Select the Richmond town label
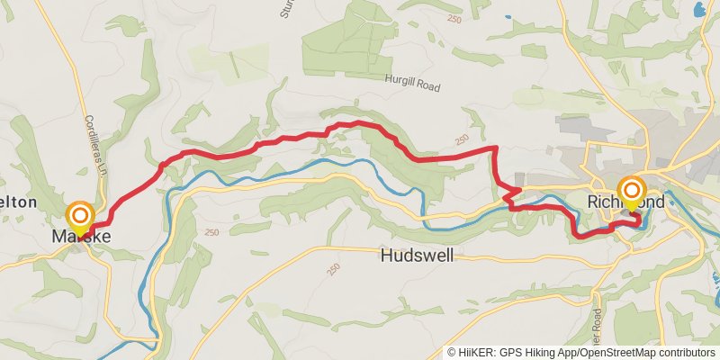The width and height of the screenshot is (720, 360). click(x=626, y=202)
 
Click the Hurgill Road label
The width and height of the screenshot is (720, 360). click(x=412, y=79)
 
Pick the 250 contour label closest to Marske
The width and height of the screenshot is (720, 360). click(x=213, y=232)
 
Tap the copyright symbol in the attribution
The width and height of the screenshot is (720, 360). click(x=452, y=352)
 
